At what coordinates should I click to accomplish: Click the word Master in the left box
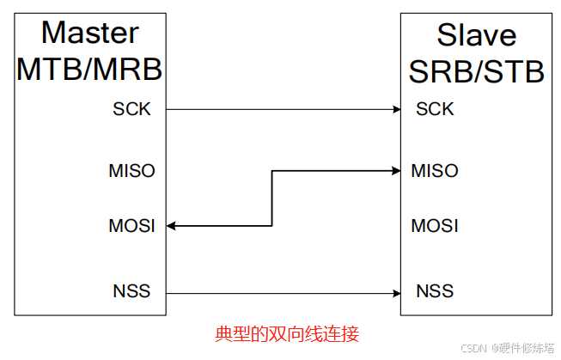pyautogui.click(x=90, y=33)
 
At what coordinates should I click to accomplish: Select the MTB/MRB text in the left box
pyautogui.click(x=89, y=69)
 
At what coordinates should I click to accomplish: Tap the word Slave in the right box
pyautogui.click(x=477, y=34)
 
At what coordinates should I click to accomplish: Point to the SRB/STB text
pyautogui.click(x=477, y=71)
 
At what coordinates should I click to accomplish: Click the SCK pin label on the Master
pyautogui.click(x=131, y=109)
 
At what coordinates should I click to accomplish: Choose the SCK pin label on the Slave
pyautogui.click(x=434, y=109)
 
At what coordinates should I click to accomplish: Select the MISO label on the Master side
pyautogui.click(x=131, y=170)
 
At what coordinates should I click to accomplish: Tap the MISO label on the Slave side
pyautogui.click(x=434, y=170)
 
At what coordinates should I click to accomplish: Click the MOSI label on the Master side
pyautogui.click(x=131, y=226)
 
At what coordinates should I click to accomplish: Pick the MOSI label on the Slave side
pyautogui.click(x=434, y=226)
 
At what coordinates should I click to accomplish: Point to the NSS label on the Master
pyautogui.click(x=131, y=291)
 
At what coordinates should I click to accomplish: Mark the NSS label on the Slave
pyautogui.click(x=434, y=291)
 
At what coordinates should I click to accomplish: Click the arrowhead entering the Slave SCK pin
pyautogui.click(x=396, y=109)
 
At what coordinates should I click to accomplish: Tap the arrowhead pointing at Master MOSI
pyautogui.click(x=172, y=226)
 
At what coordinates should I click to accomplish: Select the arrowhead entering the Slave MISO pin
pyautogui.click(x=396, y=171)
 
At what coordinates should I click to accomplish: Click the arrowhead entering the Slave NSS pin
pyautogui.click(x=396, y=291)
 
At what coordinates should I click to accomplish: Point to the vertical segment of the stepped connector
pyautogui.click(x=272, y=198)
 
